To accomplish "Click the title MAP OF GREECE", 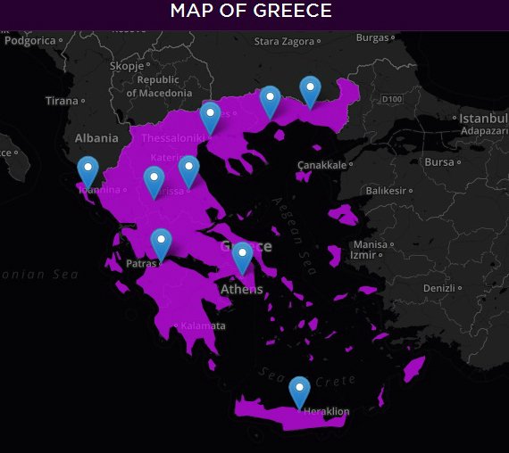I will pyautogui.click(x=251, y=12).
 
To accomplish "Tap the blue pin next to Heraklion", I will pyautogui.click(x=299, y=391).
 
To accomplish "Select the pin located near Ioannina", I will pyautogui.click(x=88, y=169).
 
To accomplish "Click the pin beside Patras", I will pyautogui.click(x=161, y=243).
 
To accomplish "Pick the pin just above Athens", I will pyautogui.click(x=242, y=256).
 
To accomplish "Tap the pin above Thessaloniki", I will pyautogui.click(x=210, y=116).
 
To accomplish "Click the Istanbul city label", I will pyautogui.click(x=482, y=119).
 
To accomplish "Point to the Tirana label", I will pyautogui.click(x=63, y=101).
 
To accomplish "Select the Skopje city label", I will pyautogui.click(x=125, y=66).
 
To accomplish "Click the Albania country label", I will pyautogui.click(x=96, y=138).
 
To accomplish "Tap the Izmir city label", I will pyautogui.click(x=363, y=255).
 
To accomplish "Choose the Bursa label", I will pyautogui.click(x=438, y=162).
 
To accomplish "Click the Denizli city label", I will pyautogui.click(x=438, y=288).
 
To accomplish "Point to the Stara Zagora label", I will pyautogui.click(x=284, y=41).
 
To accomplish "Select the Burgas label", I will pyautogui.click(x=372, y=37).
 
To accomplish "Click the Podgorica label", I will pyautogui.click(x=29, y=40).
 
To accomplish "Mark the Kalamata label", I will pyautogui.click(x=203, y=326).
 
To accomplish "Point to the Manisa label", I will pyautogui.click(x=370, y=244).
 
